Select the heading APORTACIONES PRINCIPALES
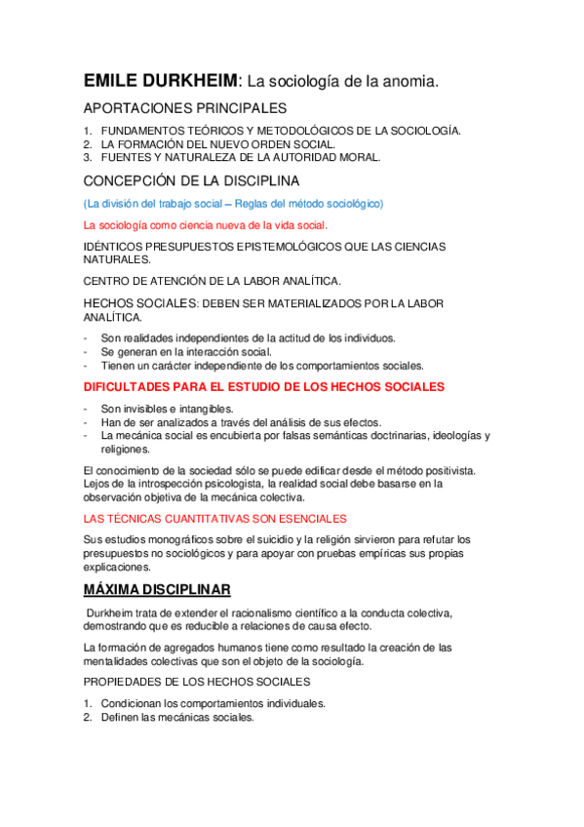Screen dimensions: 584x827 point(185,108)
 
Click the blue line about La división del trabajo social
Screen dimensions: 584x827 point(234,204)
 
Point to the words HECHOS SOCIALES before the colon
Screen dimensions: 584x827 point(136,303)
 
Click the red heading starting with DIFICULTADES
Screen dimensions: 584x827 point(263,387)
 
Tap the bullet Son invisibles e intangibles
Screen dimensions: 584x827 point(167,409)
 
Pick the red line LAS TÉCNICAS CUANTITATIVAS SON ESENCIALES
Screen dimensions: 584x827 point(214,519)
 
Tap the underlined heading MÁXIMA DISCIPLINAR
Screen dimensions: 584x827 point(157,590)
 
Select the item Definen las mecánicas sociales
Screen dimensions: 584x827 point(176,717)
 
